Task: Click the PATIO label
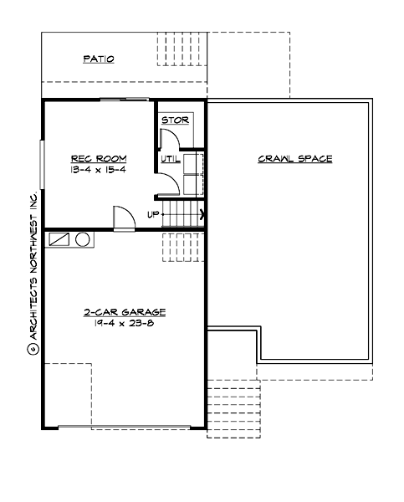coord(98,59)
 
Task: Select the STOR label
coord(175,120)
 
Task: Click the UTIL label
coord(170,158)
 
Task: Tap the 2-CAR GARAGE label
coord(124,311)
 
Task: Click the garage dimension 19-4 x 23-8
coord(124,322)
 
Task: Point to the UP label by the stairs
coord(153,214)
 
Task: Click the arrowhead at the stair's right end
coord(202,214)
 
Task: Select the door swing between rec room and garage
coord(123,218)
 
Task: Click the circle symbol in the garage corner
coord(83,239)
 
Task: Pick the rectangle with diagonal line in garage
coord(60,239)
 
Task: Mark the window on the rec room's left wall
coord(42,164)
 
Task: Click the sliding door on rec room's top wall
coord(125,100)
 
